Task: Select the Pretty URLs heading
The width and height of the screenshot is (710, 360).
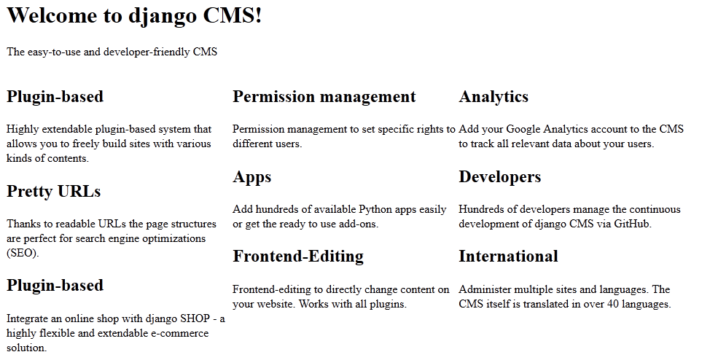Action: point(53,191)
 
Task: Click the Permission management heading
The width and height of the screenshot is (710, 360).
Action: point(324,96)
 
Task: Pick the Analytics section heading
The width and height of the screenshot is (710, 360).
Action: point(494,96)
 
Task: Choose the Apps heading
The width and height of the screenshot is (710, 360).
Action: point(252,176)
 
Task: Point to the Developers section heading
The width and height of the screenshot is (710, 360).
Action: point(500,176)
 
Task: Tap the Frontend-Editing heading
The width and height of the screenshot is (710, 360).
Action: point(298,257)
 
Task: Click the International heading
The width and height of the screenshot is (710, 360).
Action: point(508,257)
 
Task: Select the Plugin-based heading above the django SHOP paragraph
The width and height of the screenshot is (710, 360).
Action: point(55,285)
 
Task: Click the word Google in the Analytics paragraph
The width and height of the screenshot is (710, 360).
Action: point(523,129)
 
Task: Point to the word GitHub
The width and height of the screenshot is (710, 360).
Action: point(632,224)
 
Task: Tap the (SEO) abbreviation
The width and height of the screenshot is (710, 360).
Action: point(23,253)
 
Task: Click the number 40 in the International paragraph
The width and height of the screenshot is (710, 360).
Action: point(612,304)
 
